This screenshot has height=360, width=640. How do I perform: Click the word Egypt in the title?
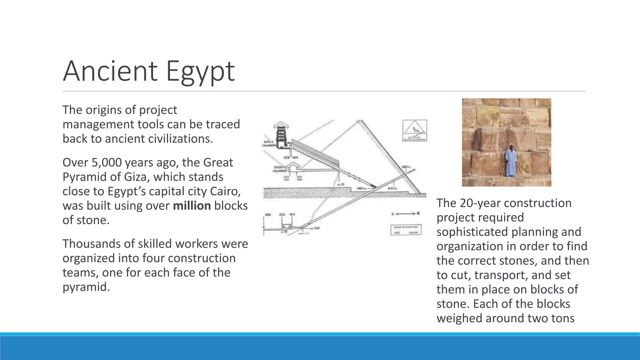pyautogui.click(x=200, y=72)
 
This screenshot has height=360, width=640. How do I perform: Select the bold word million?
pyautogui.click(x=192, y=206)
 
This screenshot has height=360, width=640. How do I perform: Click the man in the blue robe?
pyautogui.click(x=510, y=161)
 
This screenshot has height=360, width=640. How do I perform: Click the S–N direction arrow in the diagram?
pyautogui.click(x=405, y=214)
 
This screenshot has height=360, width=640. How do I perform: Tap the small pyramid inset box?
pyautogui.click(x=414, y=131)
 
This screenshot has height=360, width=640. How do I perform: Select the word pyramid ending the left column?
pyautogui.click(x=86, y=287)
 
